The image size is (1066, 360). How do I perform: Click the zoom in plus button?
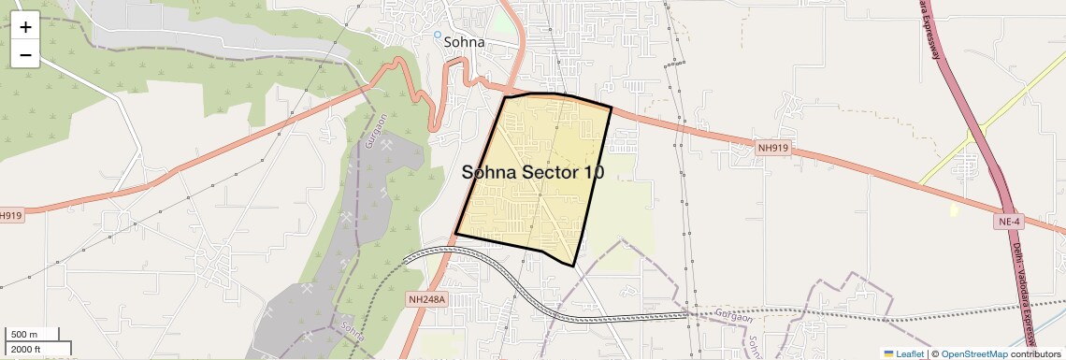(25, 27)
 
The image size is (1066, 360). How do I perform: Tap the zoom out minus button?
(25, 54)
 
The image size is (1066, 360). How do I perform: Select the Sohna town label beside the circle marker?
(464, 42)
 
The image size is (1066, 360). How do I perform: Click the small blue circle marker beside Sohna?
(437, 36)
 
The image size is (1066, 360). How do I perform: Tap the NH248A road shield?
(428, 300)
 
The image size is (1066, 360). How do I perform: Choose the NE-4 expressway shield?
(1009, 222)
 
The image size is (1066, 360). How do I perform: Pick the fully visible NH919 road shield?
(772, 147)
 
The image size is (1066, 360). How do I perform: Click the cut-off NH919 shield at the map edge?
(10, 215)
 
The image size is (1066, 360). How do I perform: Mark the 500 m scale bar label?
(24, 335)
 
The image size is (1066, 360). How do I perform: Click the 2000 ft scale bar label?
(26, 350)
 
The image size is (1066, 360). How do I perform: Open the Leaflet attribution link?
(910, 353)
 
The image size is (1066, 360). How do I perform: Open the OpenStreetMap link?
(973, 353)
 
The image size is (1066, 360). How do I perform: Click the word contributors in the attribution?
(1036, 353)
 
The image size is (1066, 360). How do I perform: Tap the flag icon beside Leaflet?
(889, 353)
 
